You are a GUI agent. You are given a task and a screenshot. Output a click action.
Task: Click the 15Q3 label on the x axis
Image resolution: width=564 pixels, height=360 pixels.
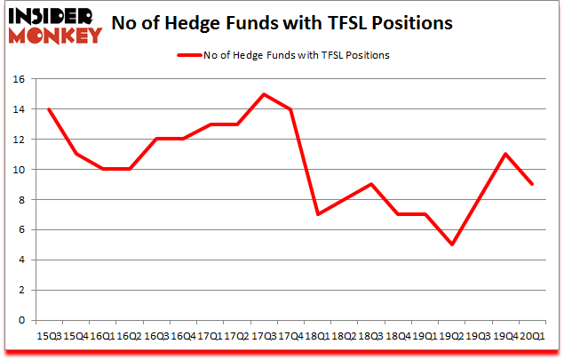tap(50, 336)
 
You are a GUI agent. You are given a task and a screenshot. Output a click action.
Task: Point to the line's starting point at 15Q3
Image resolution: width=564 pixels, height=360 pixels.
tap(50, 109)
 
